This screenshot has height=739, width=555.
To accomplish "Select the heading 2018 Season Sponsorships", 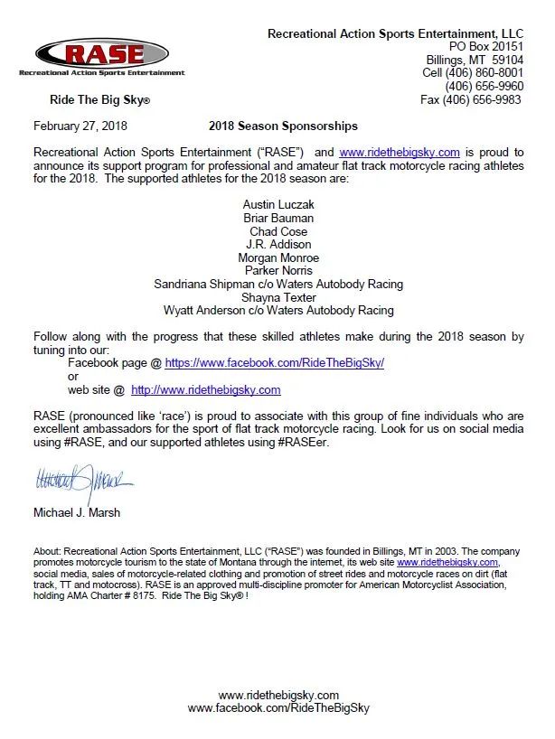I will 283,126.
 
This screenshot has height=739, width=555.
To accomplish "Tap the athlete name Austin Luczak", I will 278,205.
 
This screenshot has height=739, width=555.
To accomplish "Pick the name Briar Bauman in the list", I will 278,218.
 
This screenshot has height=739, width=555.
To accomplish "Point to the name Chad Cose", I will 278,231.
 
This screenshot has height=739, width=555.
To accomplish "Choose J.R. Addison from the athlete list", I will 278,244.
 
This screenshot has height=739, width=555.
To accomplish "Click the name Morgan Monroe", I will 278,257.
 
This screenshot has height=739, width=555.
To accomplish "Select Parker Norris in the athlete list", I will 278,270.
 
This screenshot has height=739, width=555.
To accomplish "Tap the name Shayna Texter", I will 278,296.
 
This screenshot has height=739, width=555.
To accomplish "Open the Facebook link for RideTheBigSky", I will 274,363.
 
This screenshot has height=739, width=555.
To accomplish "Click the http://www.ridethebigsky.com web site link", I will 206,389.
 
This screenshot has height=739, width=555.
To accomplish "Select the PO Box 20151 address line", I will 485,46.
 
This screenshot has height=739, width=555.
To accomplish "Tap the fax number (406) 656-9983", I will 471,99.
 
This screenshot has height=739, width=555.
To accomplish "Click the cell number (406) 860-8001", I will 473,72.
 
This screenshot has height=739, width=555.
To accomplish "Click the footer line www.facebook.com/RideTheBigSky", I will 278,708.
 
